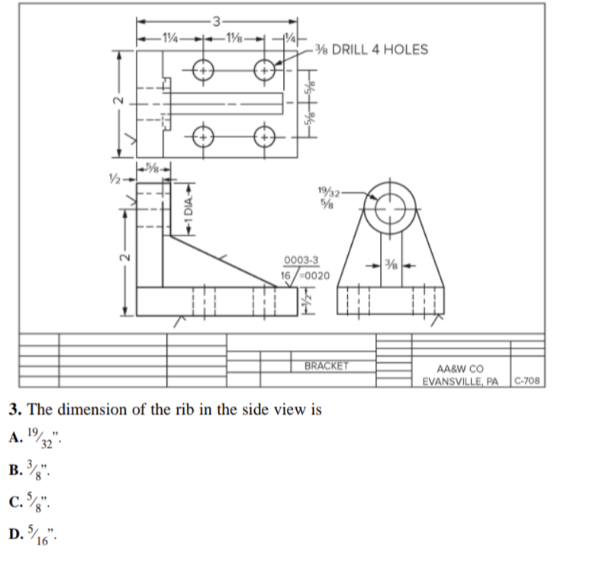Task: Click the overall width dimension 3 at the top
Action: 216,19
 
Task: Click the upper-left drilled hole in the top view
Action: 203,69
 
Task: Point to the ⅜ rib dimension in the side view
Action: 390,265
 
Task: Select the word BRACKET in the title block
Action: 326,365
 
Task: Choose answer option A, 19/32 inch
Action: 38,437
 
